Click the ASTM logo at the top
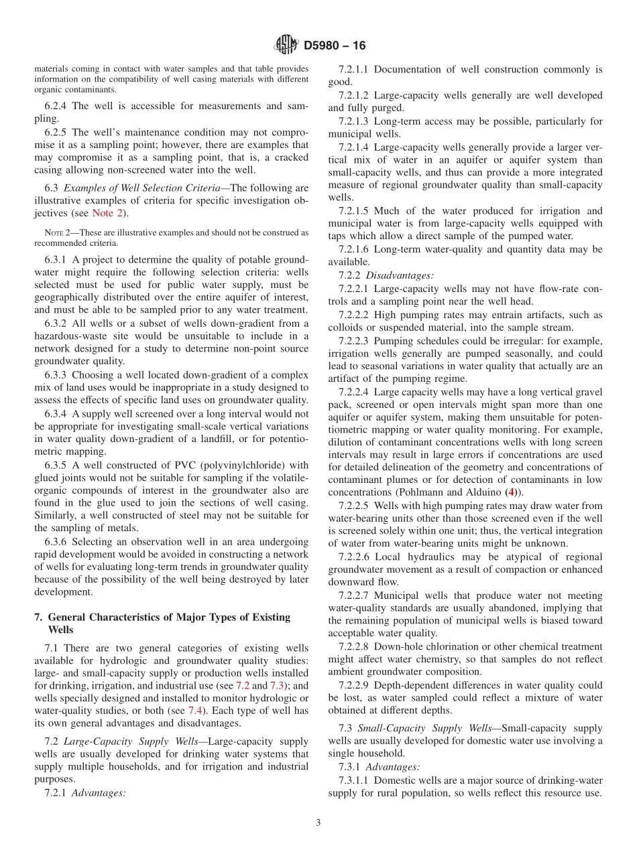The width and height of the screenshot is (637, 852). (286, 46)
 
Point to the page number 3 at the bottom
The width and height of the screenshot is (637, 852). (318, 823)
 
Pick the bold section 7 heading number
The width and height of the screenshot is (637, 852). (38, 617)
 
